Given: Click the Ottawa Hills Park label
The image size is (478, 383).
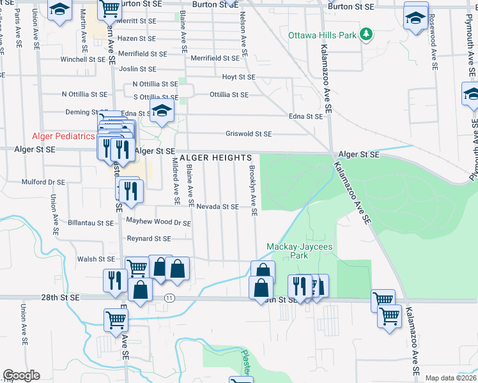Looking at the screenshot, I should pos(322,35).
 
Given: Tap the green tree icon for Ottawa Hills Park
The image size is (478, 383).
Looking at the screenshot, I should pos(366,34).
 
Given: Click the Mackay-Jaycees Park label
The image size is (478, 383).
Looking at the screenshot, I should pos(295,251).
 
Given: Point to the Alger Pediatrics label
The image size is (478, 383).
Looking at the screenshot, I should pos(64,137).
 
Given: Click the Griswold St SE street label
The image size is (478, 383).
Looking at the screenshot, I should pos(249,134).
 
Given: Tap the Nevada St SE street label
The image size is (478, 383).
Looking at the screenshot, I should pos(217,207).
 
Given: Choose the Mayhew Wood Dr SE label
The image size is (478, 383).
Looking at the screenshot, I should pos(158,223).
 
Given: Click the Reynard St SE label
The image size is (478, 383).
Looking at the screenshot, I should pos(149,239).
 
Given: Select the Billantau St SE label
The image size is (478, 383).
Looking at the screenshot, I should pos(90,223).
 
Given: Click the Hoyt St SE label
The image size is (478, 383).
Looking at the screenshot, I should pos(238,77).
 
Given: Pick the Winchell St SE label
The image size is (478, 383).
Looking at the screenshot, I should pos(82,59).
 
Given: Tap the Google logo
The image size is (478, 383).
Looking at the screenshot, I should pos(21,375).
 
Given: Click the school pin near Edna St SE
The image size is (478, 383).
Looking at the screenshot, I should pos(162,110).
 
